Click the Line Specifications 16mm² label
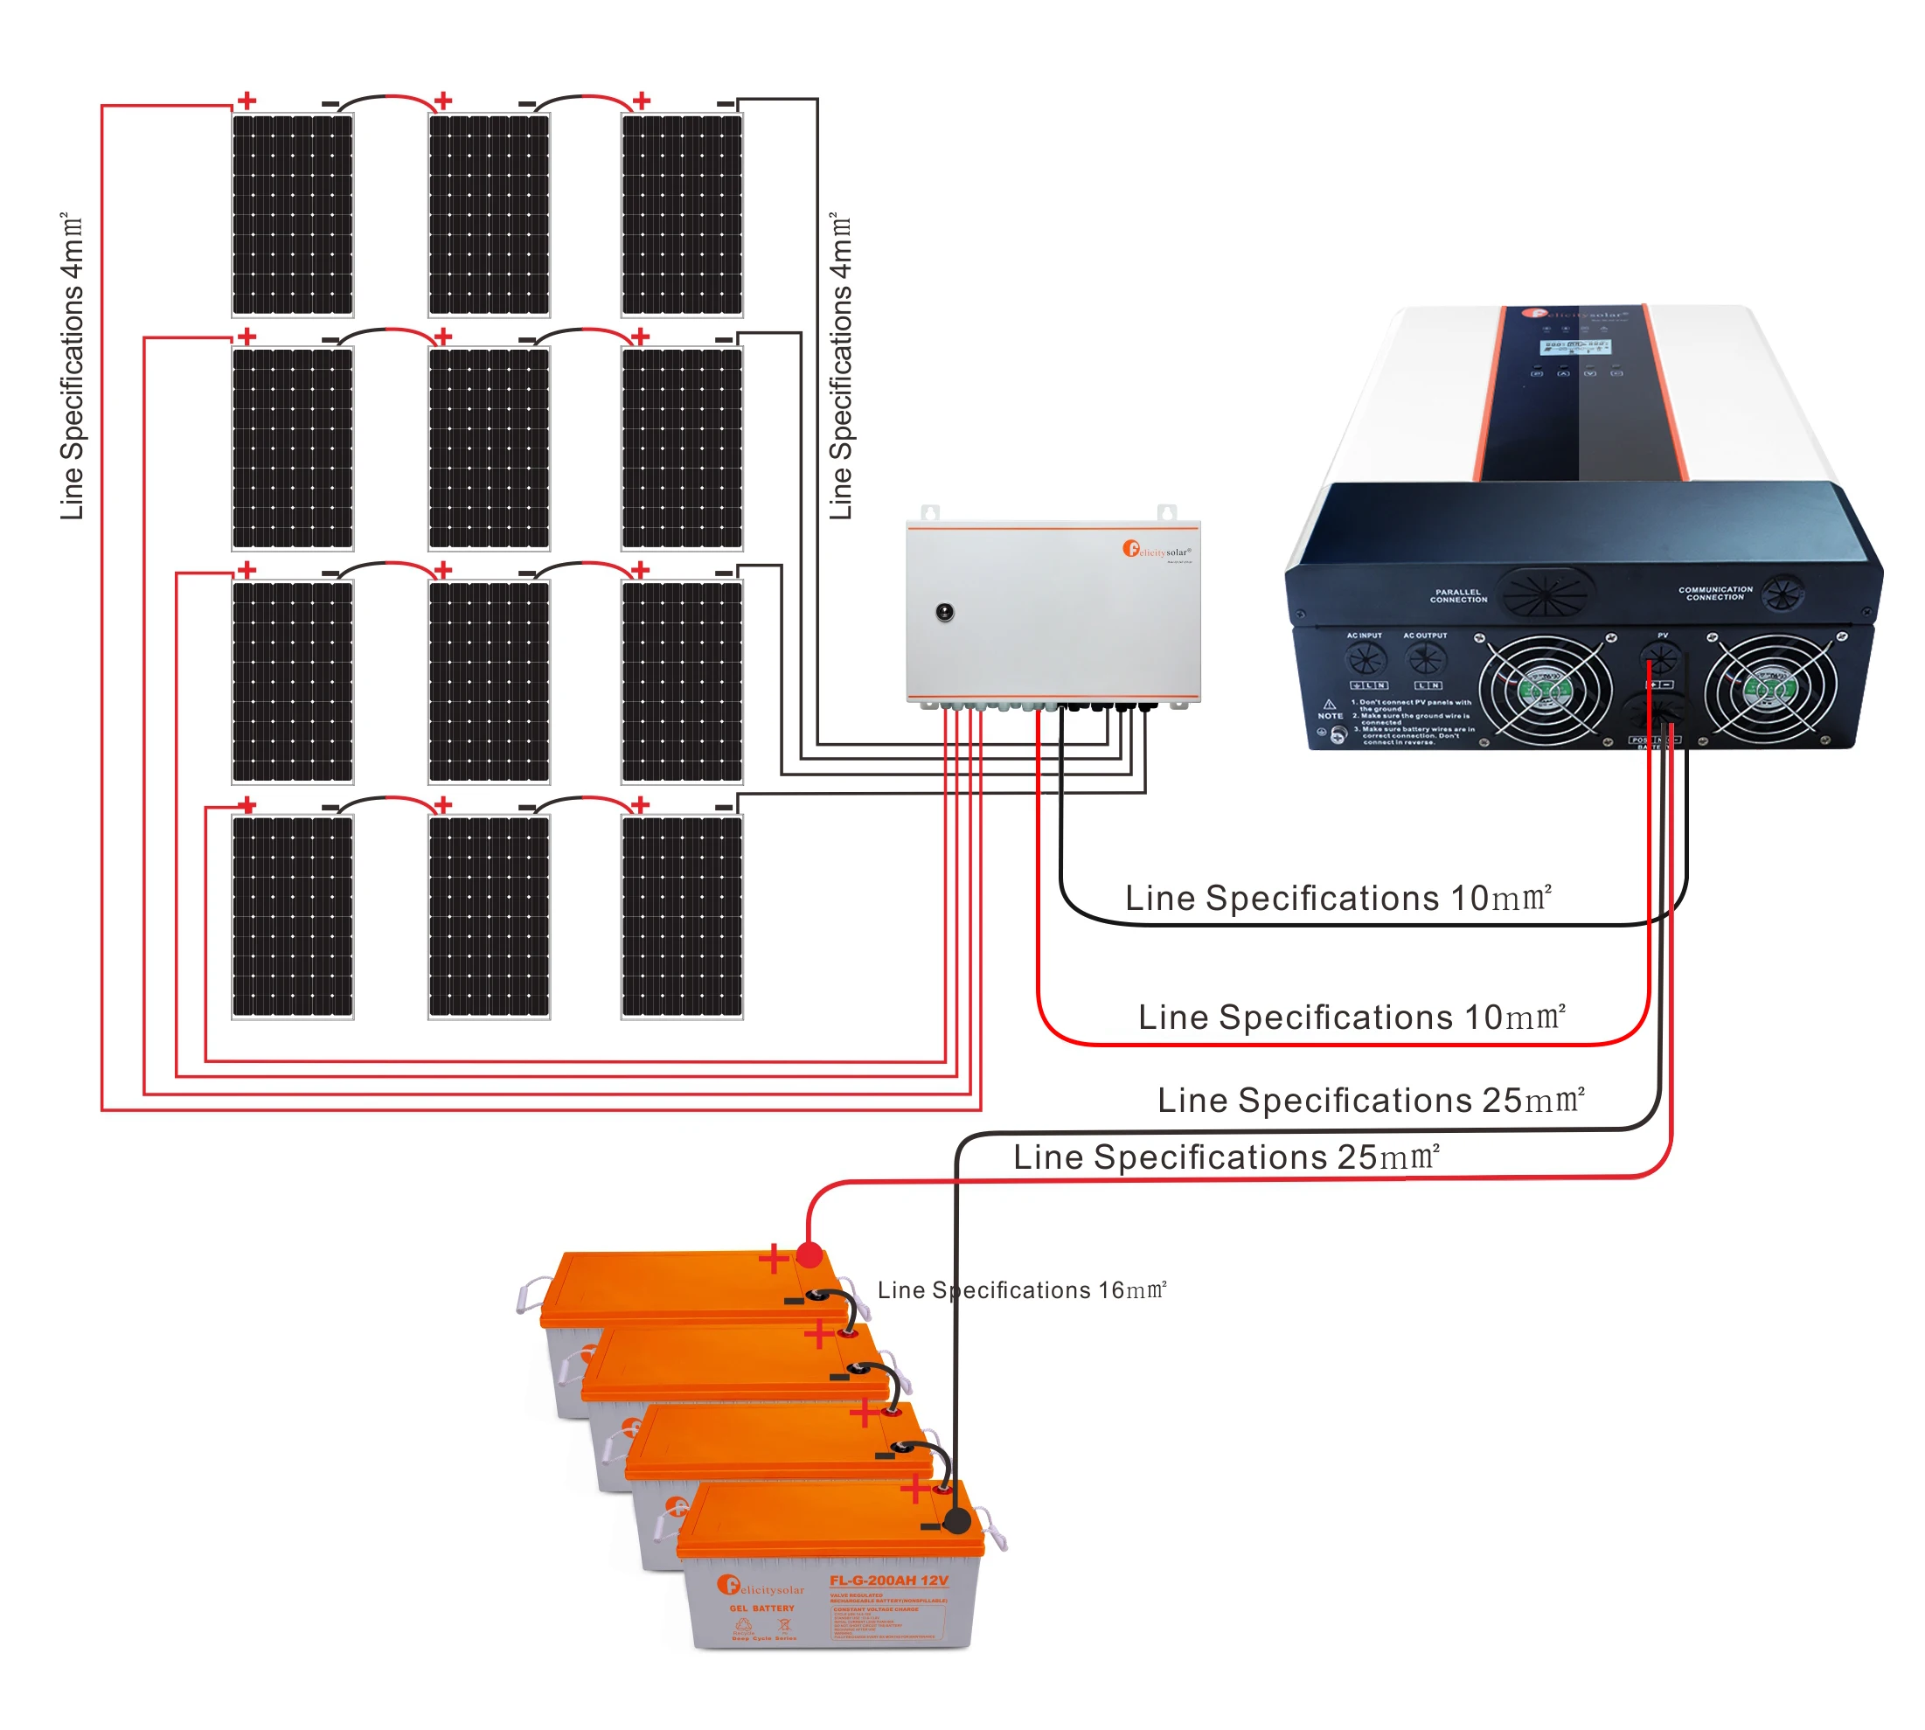click(x=1021, y=1290)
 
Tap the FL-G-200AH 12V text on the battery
click(x=888, y=1581)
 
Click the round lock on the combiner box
click(x=944, y=612)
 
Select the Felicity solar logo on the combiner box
click(x=1155, y=551)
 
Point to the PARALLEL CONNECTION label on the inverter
click(x=1457, y=596)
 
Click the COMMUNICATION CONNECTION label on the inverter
click(x=1715, y=594)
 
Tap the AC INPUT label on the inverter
click(x=1363, y=635)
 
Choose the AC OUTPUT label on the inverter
click(x=1424, y=635)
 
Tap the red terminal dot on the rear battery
click(x=809, y=1255)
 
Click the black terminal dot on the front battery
click(x=956, y=1521)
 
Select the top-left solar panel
click(x=293, y=215)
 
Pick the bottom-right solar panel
click(x=682, y=916)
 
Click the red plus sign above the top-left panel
click(x=247, y=100)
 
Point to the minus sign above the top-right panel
click(x=725, y=102)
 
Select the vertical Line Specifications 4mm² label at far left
click(x=72, y=366)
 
